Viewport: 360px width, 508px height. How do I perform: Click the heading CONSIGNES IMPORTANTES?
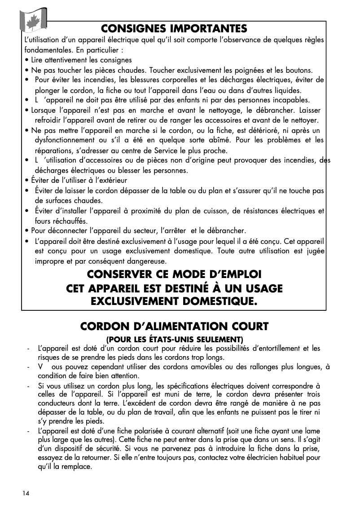[x=174, y=29]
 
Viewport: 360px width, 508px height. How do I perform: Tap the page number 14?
[x=26, y=493]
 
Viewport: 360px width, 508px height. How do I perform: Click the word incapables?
[x=287, y=100]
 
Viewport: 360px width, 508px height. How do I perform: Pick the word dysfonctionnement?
[x=66, y=141]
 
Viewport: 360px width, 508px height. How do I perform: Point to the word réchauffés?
[x=68, y=221]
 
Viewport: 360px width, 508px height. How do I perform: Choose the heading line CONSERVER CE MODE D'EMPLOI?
[x=174, y=274]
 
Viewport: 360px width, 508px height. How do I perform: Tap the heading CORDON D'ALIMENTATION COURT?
[x=174, y=326]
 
